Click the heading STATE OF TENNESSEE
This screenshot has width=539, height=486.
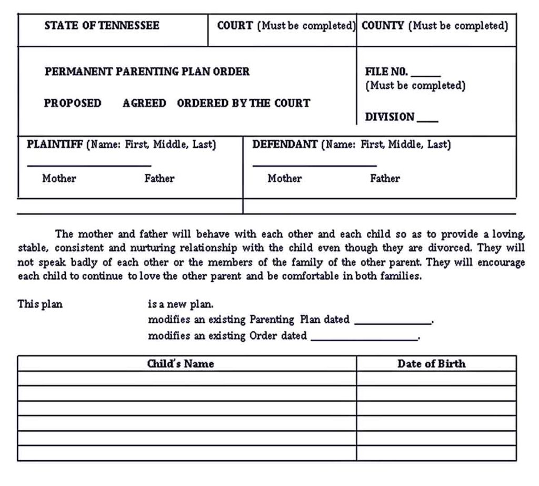pos(102,26)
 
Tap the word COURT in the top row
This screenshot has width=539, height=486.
pos(235,26)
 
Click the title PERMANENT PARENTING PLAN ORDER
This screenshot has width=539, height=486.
pos(147,72)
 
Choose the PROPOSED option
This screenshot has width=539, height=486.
pos(73,103)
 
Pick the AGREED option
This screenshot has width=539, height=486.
pos(144,103)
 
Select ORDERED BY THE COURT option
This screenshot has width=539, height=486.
pos(243,103)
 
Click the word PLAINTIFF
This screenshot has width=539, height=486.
pos(55,144)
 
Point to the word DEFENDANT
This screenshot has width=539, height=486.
pos(285,144)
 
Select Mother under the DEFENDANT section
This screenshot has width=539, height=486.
pos(284,178)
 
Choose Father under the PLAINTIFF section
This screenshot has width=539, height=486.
pos(159,178)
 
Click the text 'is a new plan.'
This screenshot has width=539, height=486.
pos(181,304)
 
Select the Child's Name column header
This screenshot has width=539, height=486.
pos(181,364)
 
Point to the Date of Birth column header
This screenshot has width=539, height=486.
pos(431,364)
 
